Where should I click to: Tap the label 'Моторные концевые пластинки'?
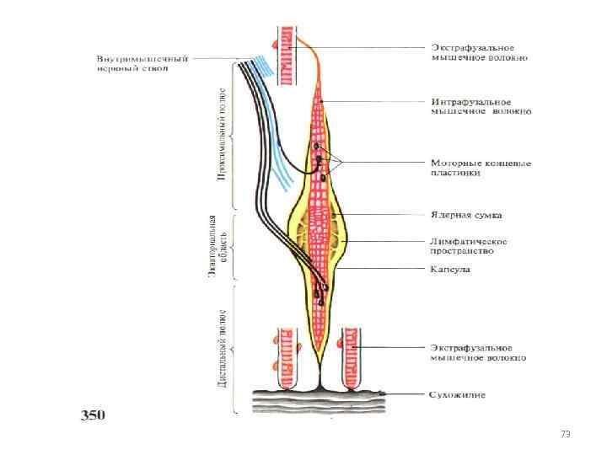tap(481, 168)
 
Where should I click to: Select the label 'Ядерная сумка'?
tap(467, 216)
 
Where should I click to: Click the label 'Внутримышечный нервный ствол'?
tap(142, 64)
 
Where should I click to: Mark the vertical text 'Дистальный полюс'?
tap(221, 347)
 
